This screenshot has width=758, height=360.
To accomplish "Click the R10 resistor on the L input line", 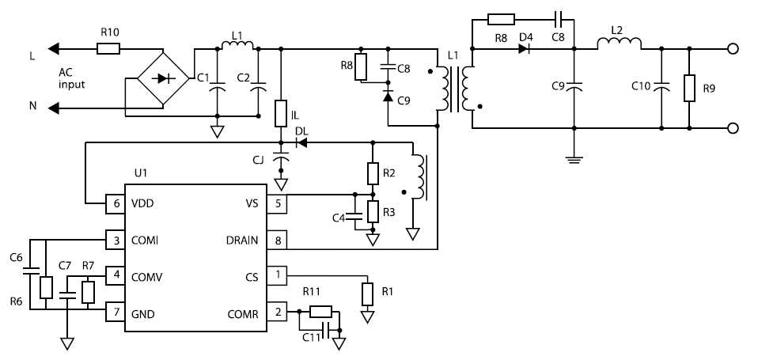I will (108, 49).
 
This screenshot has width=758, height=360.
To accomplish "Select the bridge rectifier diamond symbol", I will (163, 78).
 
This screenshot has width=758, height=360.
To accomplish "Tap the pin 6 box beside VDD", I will (116, 204).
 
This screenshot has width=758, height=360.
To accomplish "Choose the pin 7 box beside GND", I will (116, 313).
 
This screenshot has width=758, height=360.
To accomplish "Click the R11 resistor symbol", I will (320, 312).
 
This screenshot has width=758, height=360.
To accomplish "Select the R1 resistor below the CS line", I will (366, 294).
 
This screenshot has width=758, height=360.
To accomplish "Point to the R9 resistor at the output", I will (689, 88).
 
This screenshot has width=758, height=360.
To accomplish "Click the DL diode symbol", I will (301, 143).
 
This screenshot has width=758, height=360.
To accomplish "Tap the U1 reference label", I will (141, 172).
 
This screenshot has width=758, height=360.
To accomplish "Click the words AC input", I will (71, 78).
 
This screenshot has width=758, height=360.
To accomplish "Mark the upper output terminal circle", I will (733, 49).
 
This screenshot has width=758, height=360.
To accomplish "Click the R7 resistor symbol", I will (87, 292).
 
